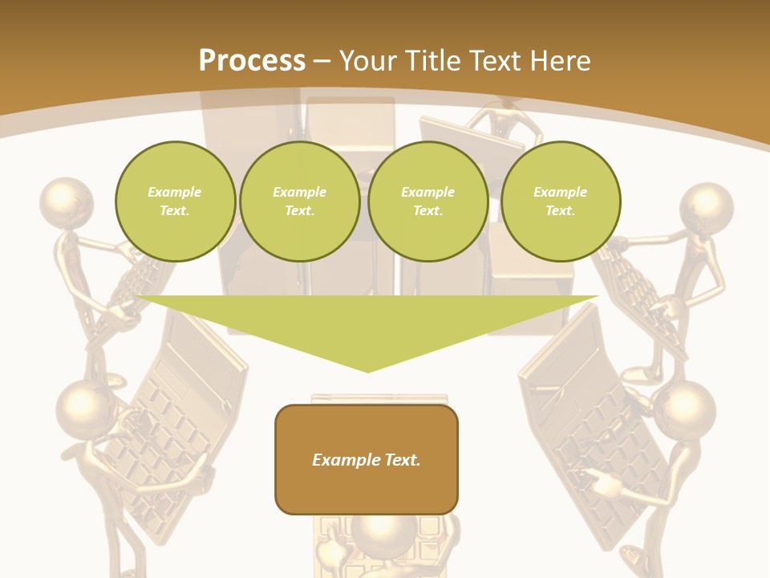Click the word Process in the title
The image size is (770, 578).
coord(252,61)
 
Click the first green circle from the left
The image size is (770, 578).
coord(175,201)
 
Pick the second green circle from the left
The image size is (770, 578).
coord(300,201)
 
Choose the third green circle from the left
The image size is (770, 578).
coord(428,201)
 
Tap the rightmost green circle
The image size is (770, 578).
coord(561,201)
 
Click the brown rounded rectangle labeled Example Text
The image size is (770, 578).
coord(367,459)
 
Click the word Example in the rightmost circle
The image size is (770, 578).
coord(560,192)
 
